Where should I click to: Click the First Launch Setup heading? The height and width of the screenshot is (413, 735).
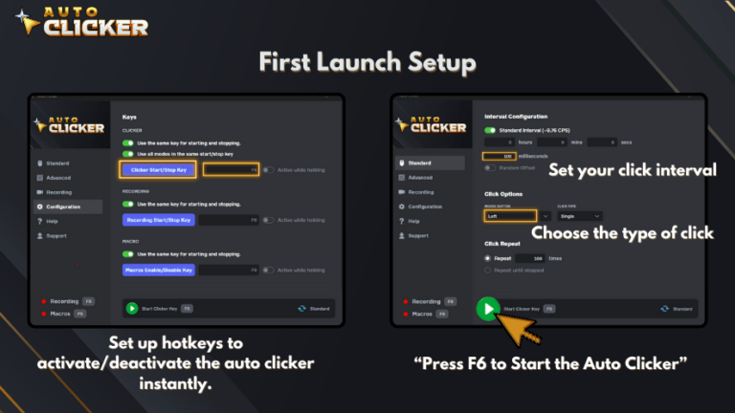click(367, 63)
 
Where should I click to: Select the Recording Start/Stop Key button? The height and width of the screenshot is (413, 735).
click(160, 220)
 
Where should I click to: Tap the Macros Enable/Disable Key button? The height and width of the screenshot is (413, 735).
click(160, 271)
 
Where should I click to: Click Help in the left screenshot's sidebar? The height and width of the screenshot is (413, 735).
click(51, 221)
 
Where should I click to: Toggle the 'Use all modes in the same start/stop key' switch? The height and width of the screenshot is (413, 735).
click(127, 153)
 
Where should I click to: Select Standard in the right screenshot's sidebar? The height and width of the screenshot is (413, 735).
click(418, 163)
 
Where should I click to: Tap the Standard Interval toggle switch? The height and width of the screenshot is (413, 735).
click(491, 130)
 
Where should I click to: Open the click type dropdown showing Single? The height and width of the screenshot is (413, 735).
click(579, 216)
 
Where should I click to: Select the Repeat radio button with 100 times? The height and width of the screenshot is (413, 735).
click(488, 258)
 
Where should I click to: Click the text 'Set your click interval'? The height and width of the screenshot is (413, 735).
click(632, 170)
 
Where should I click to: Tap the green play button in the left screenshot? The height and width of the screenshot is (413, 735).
click(131, 309)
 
